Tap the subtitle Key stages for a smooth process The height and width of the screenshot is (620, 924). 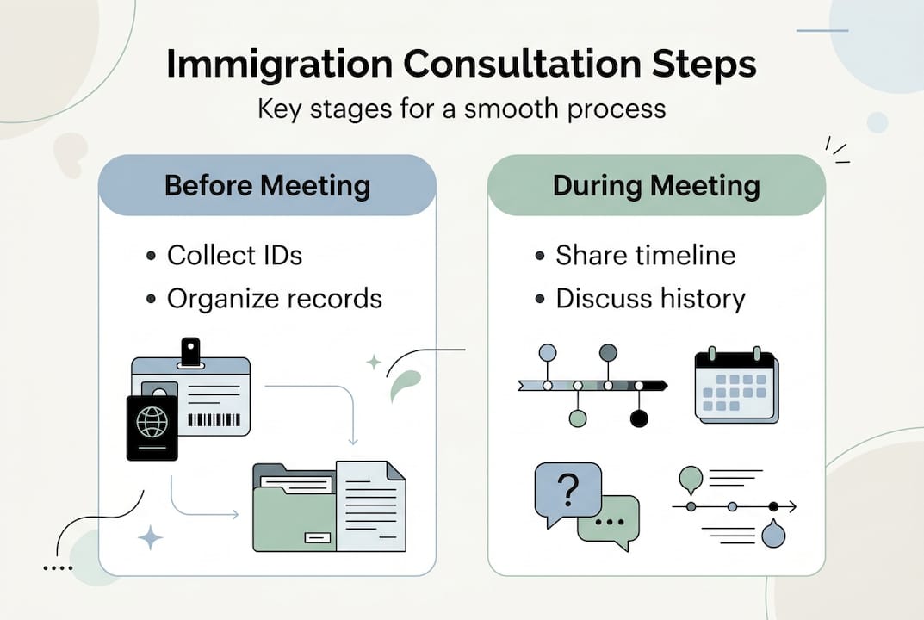(x=462, y=108)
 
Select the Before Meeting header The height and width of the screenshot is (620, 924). (x=267, y=185)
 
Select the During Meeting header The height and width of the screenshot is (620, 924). (x=656, y=185)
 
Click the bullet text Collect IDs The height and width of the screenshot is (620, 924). (x=234, y=255)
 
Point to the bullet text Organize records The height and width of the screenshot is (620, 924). (x=274, y=298)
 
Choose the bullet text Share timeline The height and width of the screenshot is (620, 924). (x=645, y=255)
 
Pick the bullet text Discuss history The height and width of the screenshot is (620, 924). (x=650, y=298)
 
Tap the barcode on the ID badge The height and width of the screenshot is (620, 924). (x=216, y=420)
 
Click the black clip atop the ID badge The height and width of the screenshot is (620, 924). (x=189, y=350)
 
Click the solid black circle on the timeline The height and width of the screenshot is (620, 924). (x=638, y=418)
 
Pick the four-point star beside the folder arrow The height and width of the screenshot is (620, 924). (x=151, y=538)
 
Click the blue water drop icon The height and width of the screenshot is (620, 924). (x=773, y=534)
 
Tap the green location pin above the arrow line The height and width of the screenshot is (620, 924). (x=691, y=477)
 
